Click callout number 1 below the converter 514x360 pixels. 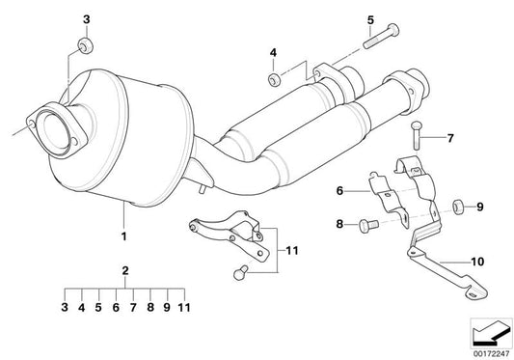pos(122,235)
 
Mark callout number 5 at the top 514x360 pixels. pos(369,18)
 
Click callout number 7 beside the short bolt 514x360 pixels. pos(448,138)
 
